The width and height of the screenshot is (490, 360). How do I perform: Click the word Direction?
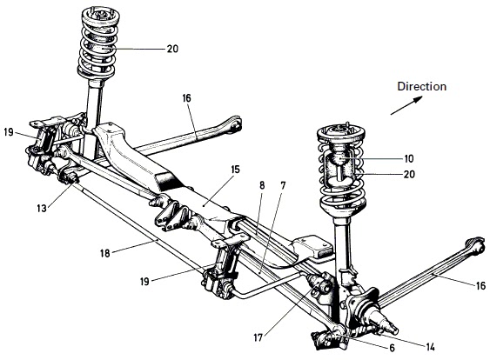(x=421, y=86)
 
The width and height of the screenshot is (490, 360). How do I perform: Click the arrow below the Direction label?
(x=406, y=105)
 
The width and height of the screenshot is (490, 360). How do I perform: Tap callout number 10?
(x=409, y=159)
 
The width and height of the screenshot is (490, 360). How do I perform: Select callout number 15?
(x=235, y=170)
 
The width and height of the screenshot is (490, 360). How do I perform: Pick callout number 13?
(x=42, y=208)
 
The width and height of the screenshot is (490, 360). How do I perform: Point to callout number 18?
(x=105, y=253)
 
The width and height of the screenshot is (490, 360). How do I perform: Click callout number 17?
(x=258, y=338)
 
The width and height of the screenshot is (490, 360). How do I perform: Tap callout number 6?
(x=392, y=348)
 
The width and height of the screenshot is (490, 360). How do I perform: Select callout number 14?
(x=430, y=347)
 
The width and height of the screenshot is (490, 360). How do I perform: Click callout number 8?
(x=262, y=185)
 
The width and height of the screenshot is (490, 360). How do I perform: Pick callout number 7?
(x=283, y=185)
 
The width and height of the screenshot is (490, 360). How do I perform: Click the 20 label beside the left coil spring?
(x=172, y=49)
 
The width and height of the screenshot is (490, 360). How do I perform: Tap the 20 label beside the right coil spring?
(x=409, y=174)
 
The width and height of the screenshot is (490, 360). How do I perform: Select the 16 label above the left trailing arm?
(x=186, y=98)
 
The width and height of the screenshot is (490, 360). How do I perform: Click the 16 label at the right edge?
(x=481, y=285)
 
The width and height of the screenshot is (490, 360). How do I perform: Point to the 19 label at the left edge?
(x=9, y=132)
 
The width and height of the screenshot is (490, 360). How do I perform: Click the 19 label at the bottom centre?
(x=144, y=282)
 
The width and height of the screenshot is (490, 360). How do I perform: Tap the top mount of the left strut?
(x=101, y=17)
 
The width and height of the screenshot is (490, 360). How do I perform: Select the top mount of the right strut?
(x=341, y=132)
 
